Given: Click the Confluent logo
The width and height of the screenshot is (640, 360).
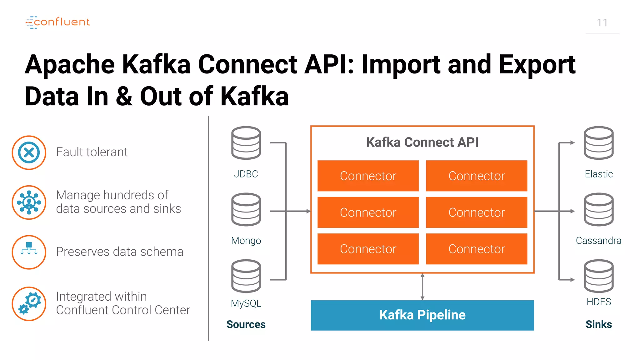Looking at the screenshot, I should tap(58, 22).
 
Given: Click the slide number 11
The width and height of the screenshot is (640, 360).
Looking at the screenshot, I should tap(602, 23).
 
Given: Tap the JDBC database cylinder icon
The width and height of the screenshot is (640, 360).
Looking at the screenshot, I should tap(246, 143).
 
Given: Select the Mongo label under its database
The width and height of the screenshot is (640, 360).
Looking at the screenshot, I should tap(246, 241).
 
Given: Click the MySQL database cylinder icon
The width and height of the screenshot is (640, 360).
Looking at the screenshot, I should tap(246, 276).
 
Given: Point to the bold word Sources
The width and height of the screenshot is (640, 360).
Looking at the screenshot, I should tap(246, 324).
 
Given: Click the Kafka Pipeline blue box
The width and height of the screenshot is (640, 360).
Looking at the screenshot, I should tap(422, 315).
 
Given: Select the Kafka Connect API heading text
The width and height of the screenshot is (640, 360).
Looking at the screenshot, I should tap(422, 142).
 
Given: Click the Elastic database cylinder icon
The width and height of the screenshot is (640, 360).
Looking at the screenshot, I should tap(598, 143).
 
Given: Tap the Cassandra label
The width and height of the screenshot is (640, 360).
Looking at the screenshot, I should tap(598, 241).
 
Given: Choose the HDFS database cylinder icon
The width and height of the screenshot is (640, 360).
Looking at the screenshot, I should tap(598, 276).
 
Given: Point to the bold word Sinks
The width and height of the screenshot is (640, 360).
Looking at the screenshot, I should tap(598, 324).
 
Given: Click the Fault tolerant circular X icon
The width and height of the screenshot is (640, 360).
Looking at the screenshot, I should tap(29, 152).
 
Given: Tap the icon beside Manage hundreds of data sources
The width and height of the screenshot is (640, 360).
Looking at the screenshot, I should tap(29, 202).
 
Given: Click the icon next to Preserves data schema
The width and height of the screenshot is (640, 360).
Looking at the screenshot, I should tap(29, 252).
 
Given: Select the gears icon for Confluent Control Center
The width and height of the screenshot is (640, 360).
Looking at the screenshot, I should tap(29, 304).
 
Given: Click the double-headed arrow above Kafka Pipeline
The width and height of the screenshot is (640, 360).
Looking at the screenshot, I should tap(422, 287).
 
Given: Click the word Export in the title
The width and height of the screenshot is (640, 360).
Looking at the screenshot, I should tap(537, 64).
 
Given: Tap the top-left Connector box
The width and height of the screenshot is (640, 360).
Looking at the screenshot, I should tap(368, 176).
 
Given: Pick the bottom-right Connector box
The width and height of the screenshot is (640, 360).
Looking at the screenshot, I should tap(477, 249).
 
